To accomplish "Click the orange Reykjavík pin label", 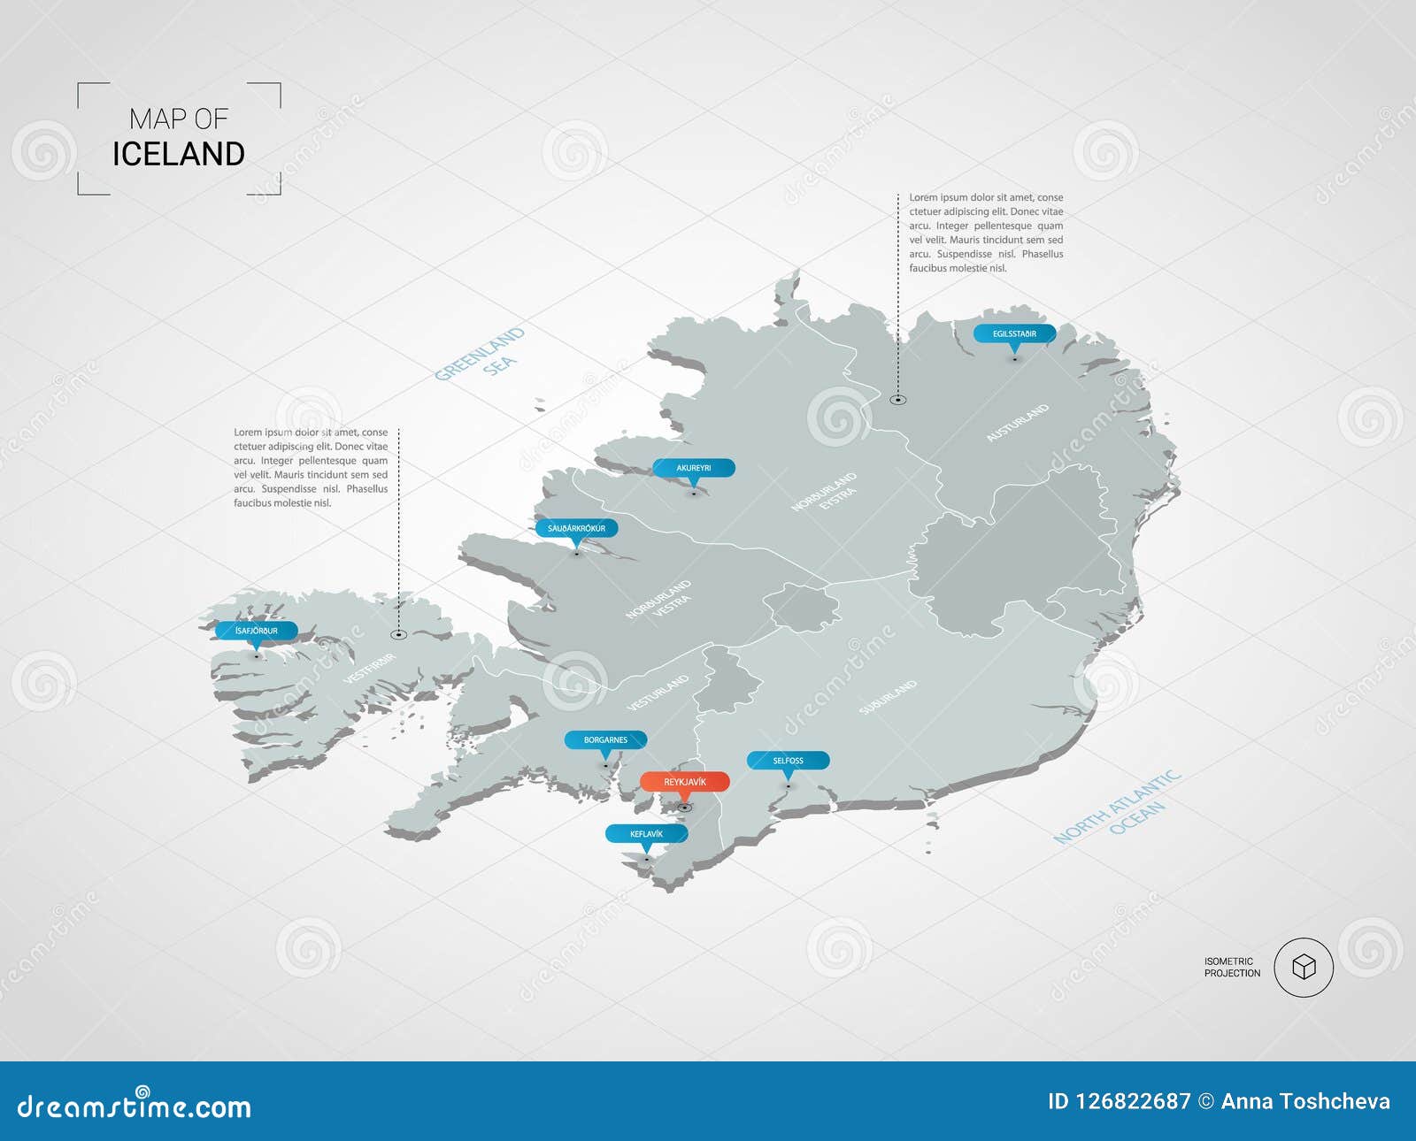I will (685, 782).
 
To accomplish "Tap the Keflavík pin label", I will (646, 834).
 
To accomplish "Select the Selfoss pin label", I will (788, 761).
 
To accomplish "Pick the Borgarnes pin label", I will (605, 739).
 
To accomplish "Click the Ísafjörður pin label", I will (257, 631).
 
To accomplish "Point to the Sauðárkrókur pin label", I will (576, 528).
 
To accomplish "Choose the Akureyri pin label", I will (694, 468).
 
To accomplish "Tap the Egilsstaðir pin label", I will (1014, 333).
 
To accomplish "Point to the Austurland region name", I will (1018, 423).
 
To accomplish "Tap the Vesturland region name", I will (658, 693).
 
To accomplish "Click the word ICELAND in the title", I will (179, 154).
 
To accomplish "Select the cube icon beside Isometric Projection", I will (1304, 967).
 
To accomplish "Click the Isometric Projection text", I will (1232, 967).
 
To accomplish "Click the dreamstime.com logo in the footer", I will (135, 1106).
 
